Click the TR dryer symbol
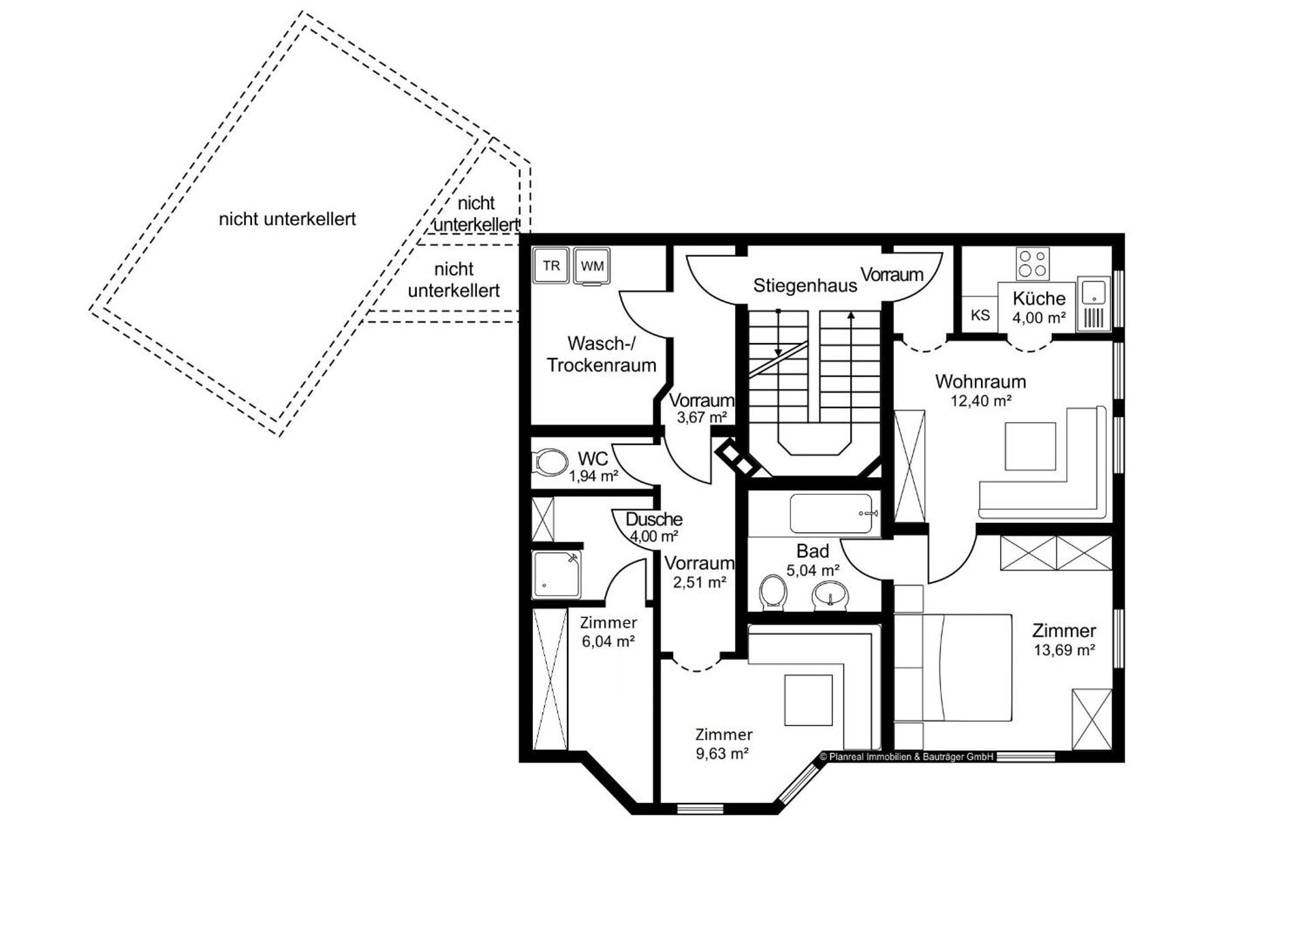click(551, 266)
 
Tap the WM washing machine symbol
click(592, 266)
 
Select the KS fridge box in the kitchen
click(980, 315)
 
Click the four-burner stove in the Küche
click(1032, 264)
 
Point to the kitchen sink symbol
click(1093, 291)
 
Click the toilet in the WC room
click(550, 462)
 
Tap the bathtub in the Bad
click(832, 513)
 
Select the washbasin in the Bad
click(830, 596)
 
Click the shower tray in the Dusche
click(557, 574)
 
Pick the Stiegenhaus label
click(805, 286)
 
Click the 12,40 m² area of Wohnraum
click(980, 401)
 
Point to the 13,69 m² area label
click(1063, 650)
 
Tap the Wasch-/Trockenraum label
click(601, 354)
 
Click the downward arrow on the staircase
click(779, 334)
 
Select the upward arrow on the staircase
click(851, 334)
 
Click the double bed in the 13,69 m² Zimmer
click(954, 667)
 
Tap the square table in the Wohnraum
click(1030, 446)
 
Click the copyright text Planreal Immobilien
click(907, 757)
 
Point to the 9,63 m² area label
click(722, 754)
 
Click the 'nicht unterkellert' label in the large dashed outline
click(287, 219)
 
